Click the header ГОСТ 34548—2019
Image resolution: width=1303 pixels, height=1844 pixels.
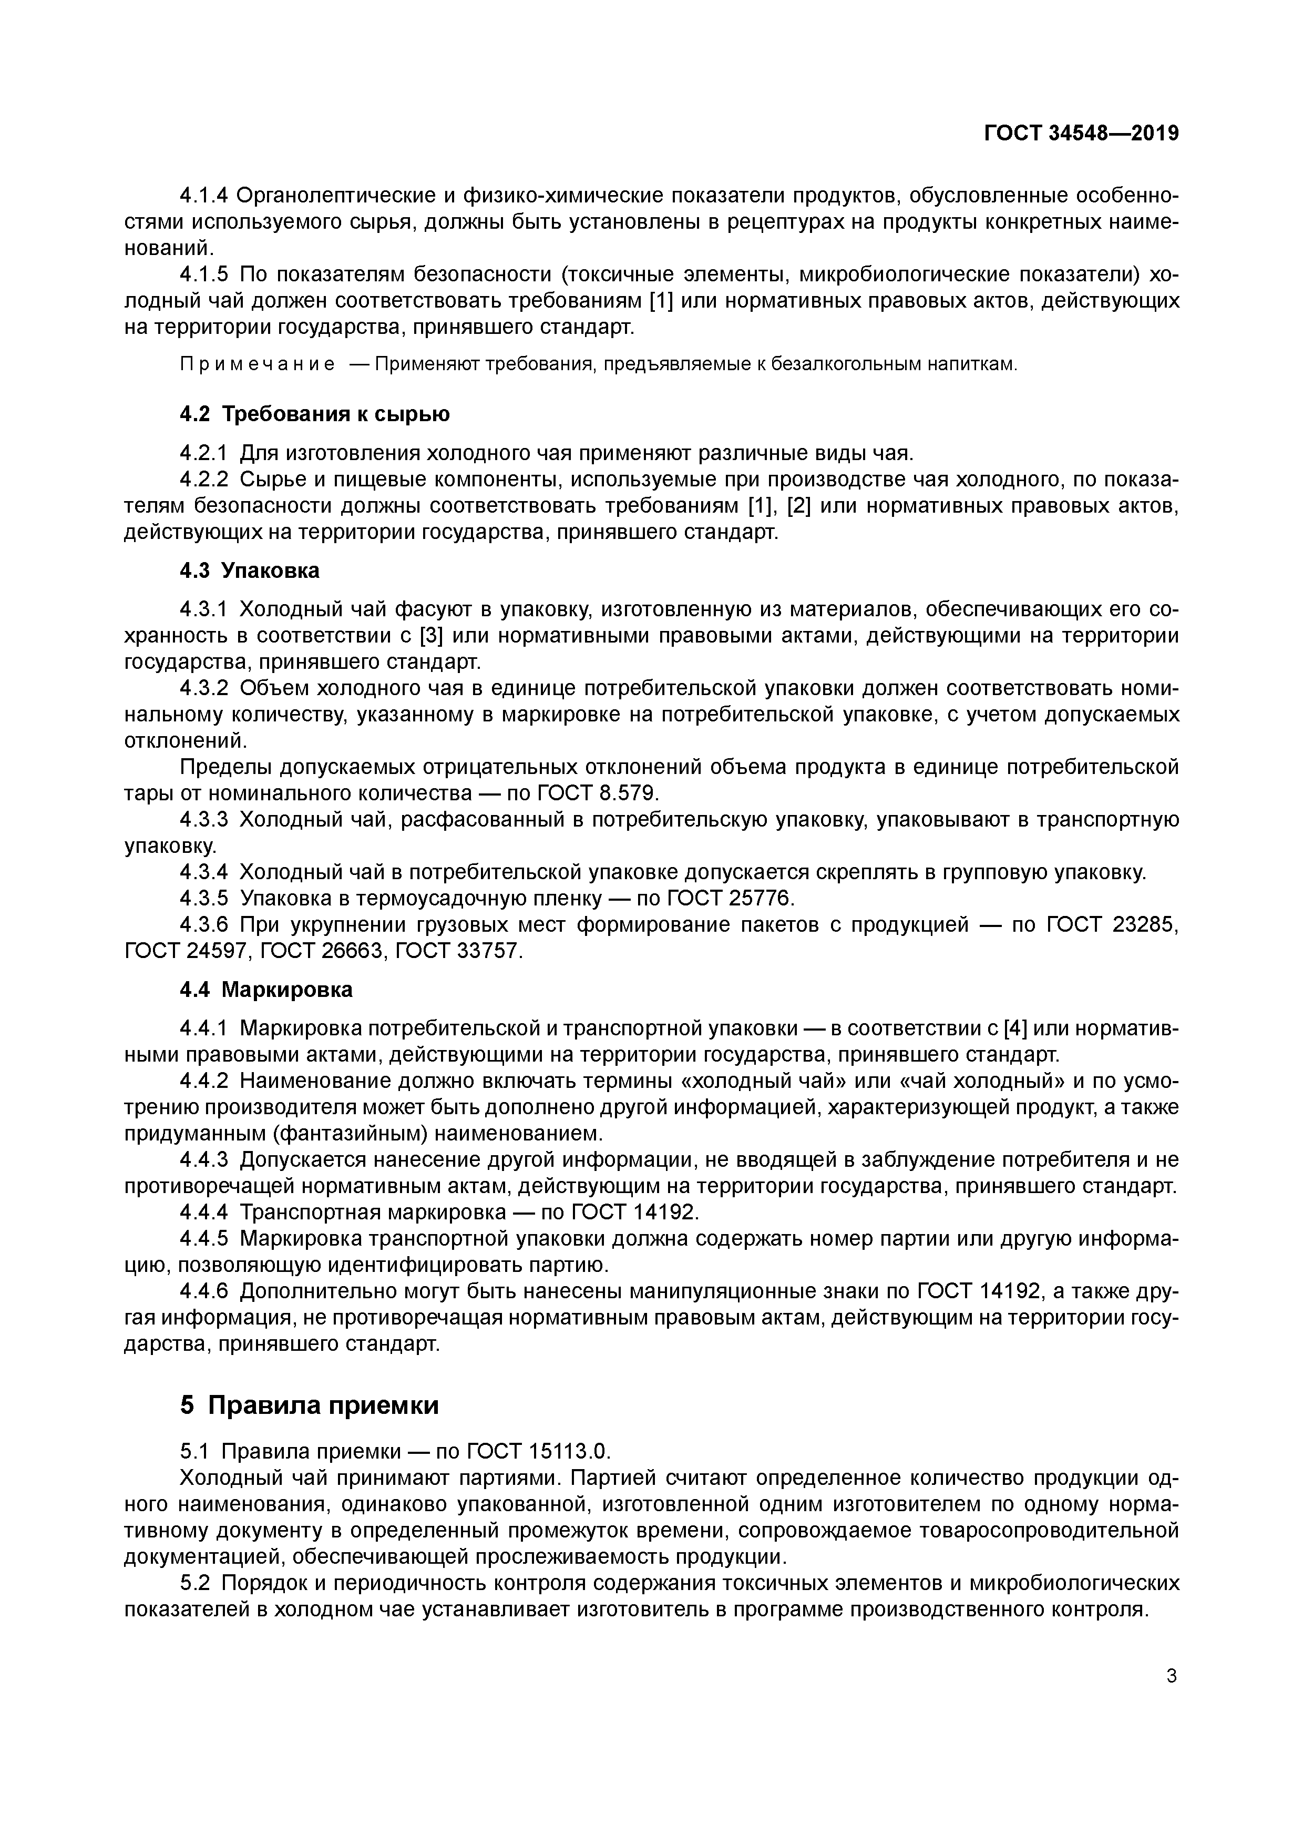1081,134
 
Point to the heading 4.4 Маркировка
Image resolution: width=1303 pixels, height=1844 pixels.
266,990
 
